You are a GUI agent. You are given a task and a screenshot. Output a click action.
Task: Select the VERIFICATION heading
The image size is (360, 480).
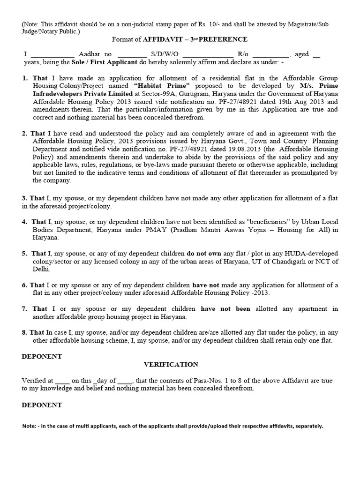point(171,364)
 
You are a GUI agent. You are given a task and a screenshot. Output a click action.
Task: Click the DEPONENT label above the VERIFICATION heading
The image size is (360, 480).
point(42,356)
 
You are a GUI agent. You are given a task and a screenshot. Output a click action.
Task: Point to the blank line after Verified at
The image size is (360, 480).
point(62,381)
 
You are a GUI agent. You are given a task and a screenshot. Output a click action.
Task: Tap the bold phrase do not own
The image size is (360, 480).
point(206,254)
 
